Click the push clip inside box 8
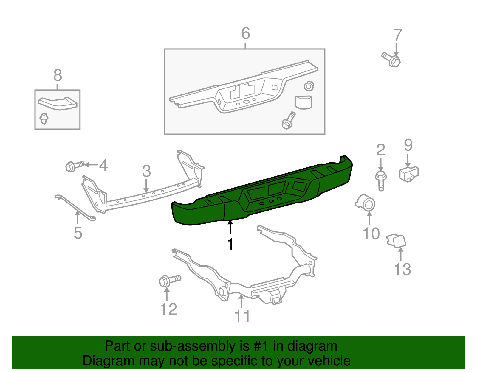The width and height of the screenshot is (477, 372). pos(44,118)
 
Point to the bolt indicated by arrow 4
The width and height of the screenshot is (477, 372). pos(75,166)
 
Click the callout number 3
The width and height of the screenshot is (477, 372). pos(146,171)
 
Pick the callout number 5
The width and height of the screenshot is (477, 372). pos(78,233)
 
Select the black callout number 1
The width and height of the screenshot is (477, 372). pos(230,244)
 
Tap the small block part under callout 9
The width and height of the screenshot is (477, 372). pos(408,174)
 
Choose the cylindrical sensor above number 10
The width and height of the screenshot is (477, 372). pos(366,203)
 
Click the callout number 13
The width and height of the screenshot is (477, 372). pos(402,269)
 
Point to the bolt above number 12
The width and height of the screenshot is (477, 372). pos(169,280)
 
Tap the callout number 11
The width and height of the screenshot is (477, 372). pos(242,316)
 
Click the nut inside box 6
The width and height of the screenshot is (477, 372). pos(309,86)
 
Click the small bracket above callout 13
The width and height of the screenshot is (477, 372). pos(396,241)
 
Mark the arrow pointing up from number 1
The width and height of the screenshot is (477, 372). pos(230,227)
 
